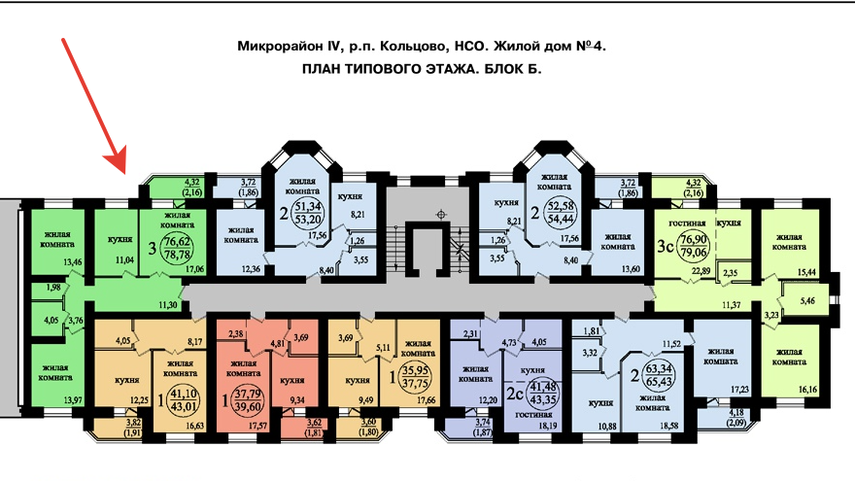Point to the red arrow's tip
click(x=123, y=167)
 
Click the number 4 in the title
click(x=601, y=47)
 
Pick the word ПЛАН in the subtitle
click(x=325, y=70)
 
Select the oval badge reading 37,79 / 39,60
click(x=249, y=398)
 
